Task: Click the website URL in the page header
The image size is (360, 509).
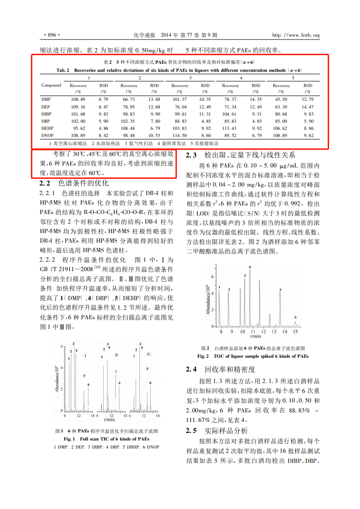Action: (x=295, y=35)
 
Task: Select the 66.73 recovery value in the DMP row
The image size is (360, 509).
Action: (x=129, y=99)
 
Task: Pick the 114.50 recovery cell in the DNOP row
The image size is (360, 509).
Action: (x=179, y=135)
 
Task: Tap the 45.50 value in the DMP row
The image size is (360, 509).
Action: (x=281, y=99)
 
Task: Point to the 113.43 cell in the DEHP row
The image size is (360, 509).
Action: (x=230, y=128)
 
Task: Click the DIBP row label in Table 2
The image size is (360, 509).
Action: (x=47, y=114)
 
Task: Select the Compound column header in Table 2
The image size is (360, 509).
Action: (x=51, y=85)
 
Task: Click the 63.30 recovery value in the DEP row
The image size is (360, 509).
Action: (x=281, y=107)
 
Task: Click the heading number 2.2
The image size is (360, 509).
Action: (x=45, y=184)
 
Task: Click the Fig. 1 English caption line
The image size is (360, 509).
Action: (x=107, y=439)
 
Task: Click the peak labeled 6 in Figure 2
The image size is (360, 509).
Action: (x=295, y=317)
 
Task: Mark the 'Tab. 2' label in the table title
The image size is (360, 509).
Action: (x=63, y=70)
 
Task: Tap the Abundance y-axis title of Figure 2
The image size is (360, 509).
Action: (x=208, y=299)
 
